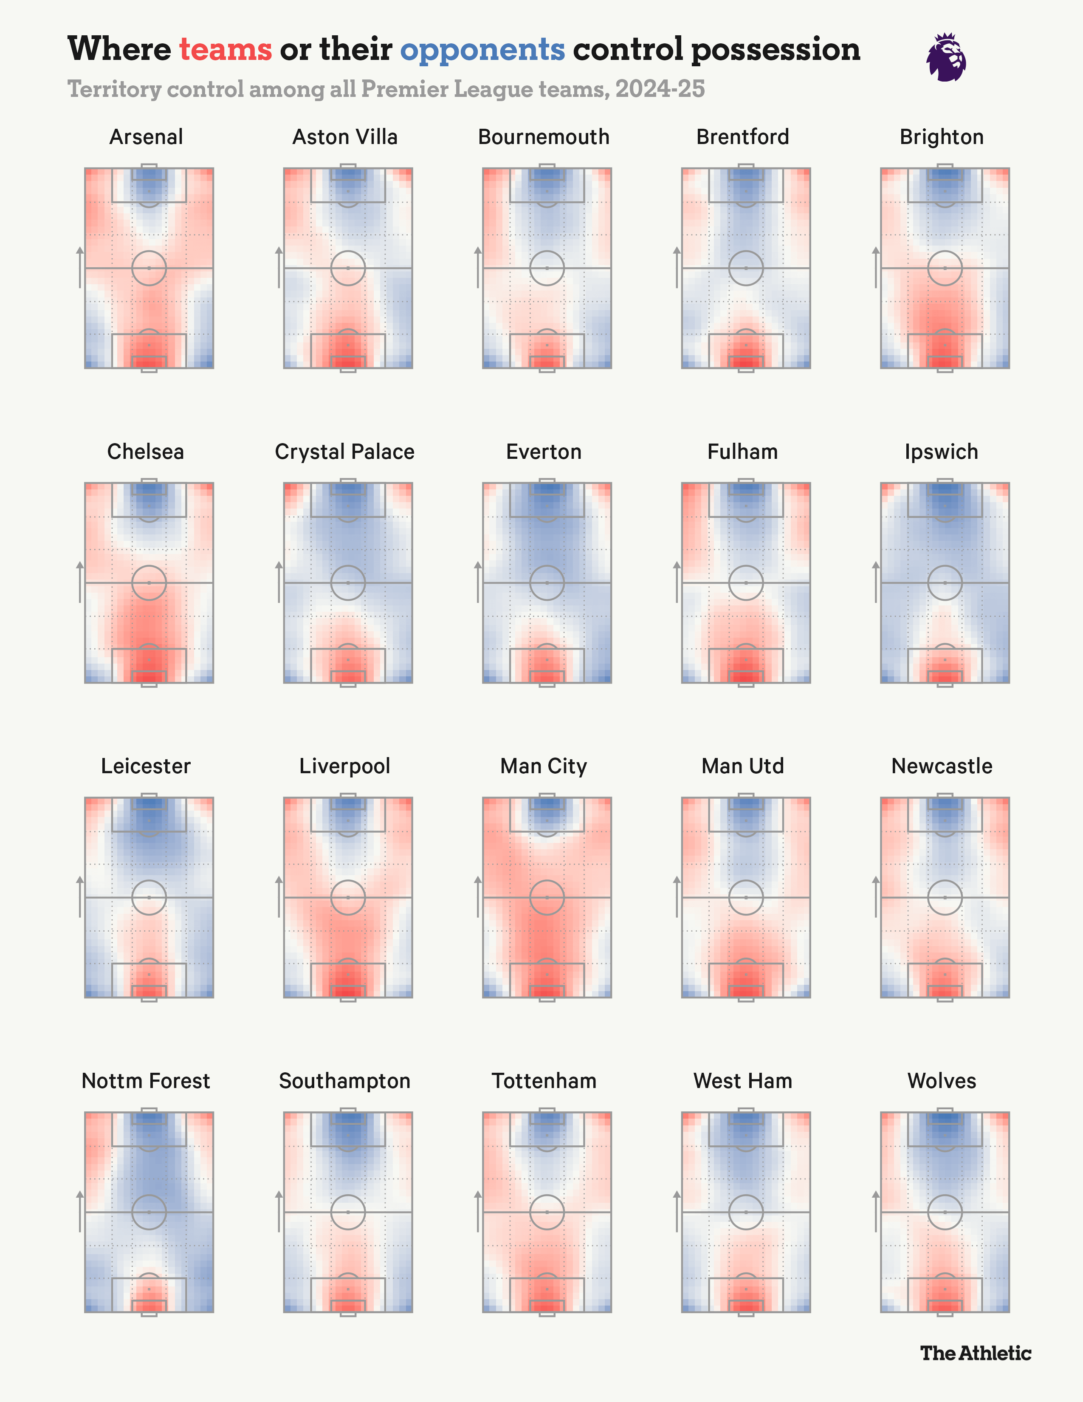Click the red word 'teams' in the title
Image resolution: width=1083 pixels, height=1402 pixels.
pos(225,49)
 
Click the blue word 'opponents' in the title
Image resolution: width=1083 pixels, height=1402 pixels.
pos(482,49)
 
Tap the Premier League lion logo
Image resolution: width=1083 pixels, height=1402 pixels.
pos(946,58)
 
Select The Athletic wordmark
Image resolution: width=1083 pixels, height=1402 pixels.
pos(975,1353)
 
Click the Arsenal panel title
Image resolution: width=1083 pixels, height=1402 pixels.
pos(146,137)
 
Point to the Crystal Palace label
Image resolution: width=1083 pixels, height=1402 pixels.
pos(344,452)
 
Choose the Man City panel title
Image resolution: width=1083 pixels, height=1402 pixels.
pos(544,766)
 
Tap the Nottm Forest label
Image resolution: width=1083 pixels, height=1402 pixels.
pos(146,1081)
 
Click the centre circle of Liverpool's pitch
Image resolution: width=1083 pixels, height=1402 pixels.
pos(348,897)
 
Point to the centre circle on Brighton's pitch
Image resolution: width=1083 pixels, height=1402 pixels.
pos(945,268)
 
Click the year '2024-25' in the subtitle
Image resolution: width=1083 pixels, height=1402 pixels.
pos(660,89)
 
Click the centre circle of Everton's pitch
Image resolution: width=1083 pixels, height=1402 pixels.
pos(547,583)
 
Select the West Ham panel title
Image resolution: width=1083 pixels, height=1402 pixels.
pos(742,1081)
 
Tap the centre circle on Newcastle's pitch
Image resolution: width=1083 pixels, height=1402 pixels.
pos(945,897)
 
